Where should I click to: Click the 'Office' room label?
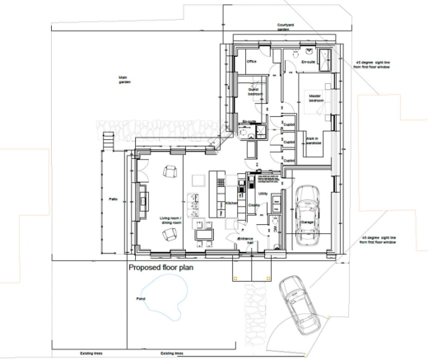(x=253, y=60)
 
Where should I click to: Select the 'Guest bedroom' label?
(x=254, y=92)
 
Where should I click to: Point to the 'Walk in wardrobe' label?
(x=311, y=142)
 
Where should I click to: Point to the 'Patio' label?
(x=114, y=199)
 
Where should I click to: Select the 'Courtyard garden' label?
(x=286, y=27)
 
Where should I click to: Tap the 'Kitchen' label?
(x=232, y=202)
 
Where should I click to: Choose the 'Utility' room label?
(x=263, y=194)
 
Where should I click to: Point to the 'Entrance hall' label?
(x=244, y=241)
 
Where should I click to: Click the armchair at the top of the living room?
(x=170, y=171)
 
